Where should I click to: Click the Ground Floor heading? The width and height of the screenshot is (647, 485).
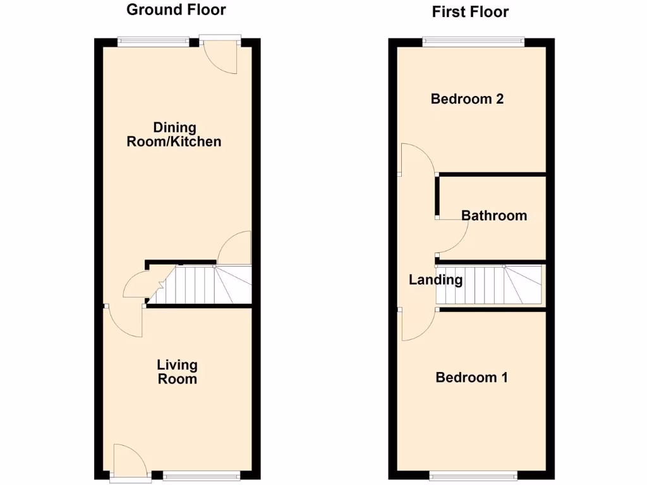[x=176, y=9]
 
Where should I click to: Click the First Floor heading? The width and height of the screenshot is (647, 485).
[x=471, y=11]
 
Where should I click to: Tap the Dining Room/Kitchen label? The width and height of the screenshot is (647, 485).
[x=174, y=135]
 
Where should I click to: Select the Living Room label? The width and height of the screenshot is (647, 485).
[x=177, y=372]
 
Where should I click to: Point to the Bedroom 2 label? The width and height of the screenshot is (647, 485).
[x=467, y=99]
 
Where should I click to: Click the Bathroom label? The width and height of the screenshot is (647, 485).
[x=494, y=215]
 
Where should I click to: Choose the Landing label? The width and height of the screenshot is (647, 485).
[x=436, y=280]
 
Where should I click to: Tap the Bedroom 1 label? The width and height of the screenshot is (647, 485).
[x=472, y=378]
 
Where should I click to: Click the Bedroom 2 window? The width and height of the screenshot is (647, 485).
[x=473, y=42]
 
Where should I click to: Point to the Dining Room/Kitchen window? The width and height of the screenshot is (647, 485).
[x=153, y=42]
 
